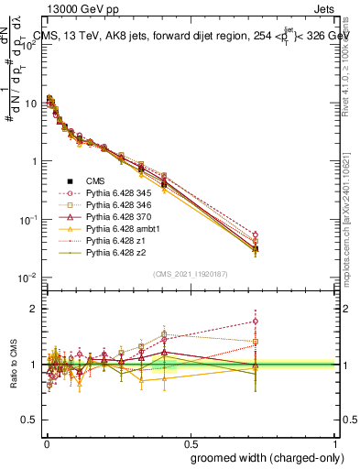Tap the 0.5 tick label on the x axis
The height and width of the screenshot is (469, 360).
pos(189,442)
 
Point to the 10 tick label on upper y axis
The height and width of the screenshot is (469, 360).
pos(30,104)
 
